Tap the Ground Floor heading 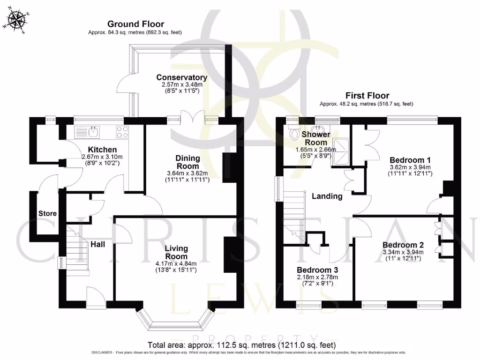pyautogui.click(x=135, y=24)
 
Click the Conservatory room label pyautogui.click(x=181, y=77)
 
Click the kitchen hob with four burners pyautogui.click(x=122, y=132)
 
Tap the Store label pyautogui.click(x=48, y=214)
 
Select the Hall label pyautogui.click(x=98, y=244)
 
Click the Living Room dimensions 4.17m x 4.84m pyautogui.click(x=176, y=263)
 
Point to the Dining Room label pyautogui.click(x=187, y=162)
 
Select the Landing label pyautogui.click(x=327, y=196)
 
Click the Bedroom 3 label pyautogui.click(x=317, y=270)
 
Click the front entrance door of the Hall pyautogui.click(x=96, y=298)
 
